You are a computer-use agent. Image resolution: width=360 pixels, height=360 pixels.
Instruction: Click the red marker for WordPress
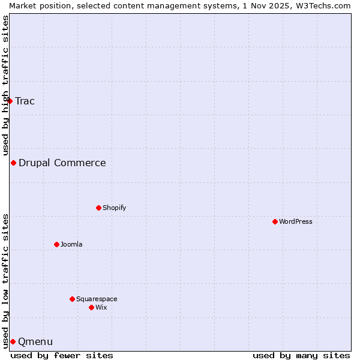pos(275,221)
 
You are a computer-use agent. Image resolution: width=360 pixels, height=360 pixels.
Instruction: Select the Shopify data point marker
pos(98,208)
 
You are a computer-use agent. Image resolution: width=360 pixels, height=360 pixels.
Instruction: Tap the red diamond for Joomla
pos(56,244)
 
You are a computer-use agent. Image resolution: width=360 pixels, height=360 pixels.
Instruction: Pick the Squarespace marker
pos(72,299)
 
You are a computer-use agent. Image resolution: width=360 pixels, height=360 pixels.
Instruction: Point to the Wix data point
pos(91,307)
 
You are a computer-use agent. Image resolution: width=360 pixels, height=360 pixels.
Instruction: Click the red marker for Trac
pos(10,101)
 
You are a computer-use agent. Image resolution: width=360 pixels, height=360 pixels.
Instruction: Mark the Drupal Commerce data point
pos(13,163)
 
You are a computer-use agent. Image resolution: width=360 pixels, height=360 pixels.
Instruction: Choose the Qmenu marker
pos(13,341)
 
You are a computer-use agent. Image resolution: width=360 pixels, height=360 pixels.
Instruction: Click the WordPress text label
pos(296,221)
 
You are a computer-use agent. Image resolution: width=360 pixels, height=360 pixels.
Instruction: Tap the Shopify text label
pos(114,208)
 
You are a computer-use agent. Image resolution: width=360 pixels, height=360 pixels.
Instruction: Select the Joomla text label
pos(71,244)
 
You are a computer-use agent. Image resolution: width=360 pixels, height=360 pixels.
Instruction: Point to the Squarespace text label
pos(97,299)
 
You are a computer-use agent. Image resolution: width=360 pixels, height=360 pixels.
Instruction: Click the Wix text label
pos(101,307)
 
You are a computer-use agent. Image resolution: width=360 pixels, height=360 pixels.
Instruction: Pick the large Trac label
pos(25,101)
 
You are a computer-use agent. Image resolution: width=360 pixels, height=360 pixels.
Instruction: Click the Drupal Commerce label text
pos(62,163)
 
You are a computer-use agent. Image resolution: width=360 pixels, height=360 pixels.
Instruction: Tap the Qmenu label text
pos(35,342)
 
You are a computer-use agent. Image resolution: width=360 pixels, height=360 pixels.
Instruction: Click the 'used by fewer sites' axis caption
pos(62,355)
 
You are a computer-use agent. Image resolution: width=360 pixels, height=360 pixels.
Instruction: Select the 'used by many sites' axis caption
pos(301,355)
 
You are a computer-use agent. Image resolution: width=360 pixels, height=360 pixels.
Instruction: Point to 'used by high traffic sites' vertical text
pos(6,85)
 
